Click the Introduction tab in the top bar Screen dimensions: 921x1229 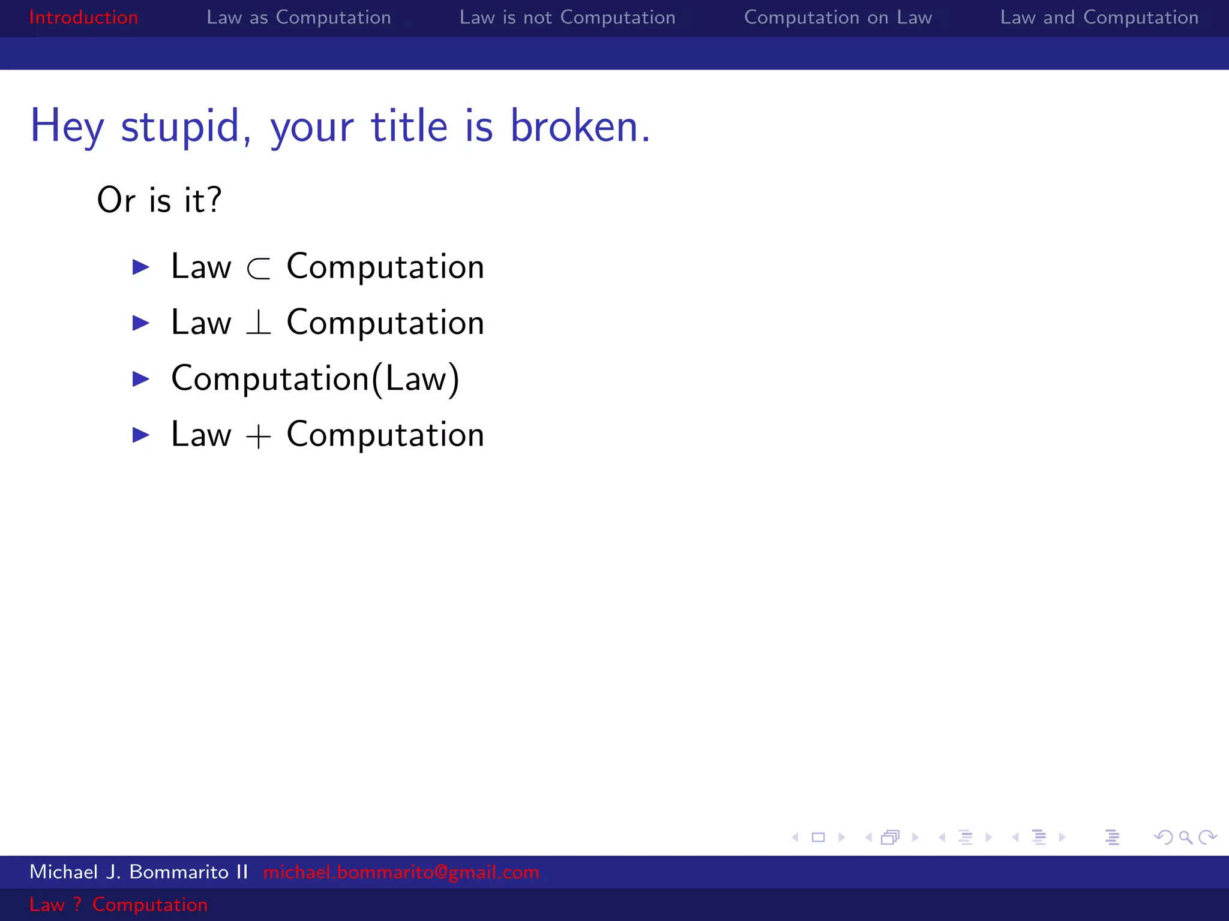pyautogui.click(x=83, y=17)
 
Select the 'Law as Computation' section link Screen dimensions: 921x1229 pyautogui.click(x=298, y=17)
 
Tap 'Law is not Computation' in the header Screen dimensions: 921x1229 pyautogui.click(x=567, y=17)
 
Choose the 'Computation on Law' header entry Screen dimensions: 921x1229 pyautogui.click(x=838, y=17)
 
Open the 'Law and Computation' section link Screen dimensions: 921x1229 pyautogui.click(x=1099, y=17)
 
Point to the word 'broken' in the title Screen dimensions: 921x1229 pyautogui.click(x=574, y=127)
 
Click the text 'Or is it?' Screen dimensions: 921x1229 pyautogui.click(x=159, y=200)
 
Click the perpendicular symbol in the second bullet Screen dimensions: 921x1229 pyautogui.click(x=259, y=323)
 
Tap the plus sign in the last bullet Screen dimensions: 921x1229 pyautogui.click(x=259, y=436)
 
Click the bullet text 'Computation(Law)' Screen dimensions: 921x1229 pyautogui.click(x=315, y=379)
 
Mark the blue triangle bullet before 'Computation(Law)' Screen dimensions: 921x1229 pyautogui.click(x=140, y=379)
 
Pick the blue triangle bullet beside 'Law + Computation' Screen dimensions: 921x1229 pyautogui.click(x=140, y=435)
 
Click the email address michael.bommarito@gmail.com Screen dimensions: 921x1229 pyautogui.click(x=401, y=872)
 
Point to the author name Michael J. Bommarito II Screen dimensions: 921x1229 pyautogui.click(x=139, y=872)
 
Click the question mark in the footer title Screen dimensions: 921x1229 pyautogui.click(x=77, y=904)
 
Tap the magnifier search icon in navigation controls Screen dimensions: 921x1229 pyautogui.click(x=1185, y=837)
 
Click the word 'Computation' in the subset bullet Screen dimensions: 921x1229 pyautogui.click(x=385, y=267)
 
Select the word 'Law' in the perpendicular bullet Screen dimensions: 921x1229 pyautogui.click(x=201, y=323)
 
